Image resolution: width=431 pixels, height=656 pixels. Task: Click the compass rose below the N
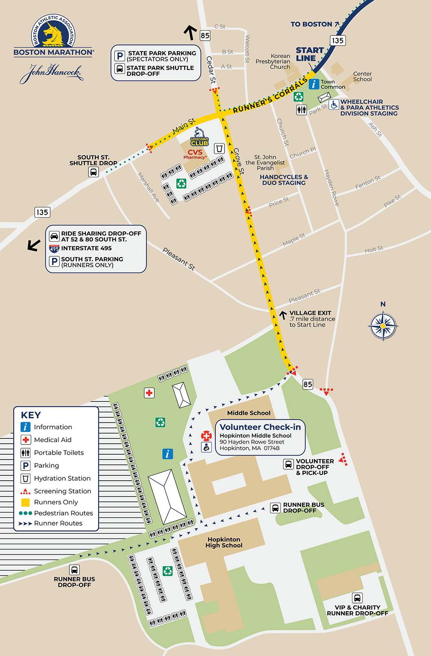pos(383,326)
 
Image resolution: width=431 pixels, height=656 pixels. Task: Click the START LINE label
pos(309,54)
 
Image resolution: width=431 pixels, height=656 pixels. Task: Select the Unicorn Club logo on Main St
pos(199,137)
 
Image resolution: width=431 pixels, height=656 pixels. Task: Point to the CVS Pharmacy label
pos(195,154)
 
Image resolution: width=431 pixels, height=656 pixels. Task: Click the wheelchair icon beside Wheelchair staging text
pos(334,105)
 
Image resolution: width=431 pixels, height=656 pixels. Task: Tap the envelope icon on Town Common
pos(324,97)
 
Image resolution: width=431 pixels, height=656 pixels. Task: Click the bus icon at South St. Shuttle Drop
pos(94,172)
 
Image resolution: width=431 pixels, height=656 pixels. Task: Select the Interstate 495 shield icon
pos(54,248)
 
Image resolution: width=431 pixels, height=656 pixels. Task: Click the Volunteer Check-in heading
pos(260,427)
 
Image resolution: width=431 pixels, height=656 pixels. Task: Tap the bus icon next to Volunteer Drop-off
pos(288,464)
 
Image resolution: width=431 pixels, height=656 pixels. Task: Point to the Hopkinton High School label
pos(224,542)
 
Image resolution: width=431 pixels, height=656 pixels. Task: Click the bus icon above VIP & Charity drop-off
pos(357,598)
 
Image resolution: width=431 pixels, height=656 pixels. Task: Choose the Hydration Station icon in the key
pos(26,478)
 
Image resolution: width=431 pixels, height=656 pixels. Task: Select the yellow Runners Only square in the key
pos(26,502)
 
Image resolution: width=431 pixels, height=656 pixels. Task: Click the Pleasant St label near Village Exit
pos(304,296)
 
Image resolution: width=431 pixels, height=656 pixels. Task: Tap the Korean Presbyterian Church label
pos(273,61)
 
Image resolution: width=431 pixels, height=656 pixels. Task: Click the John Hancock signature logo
pos(51,73)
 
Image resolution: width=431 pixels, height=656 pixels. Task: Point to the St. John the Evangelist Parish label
pos(265,162)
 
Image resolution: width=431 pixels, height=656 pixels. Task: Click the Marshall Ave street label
pos(148,187)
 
